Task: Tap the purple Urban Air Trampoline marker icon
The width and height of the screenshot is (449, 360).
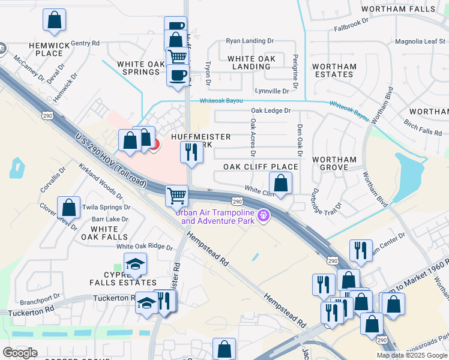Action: (262, 215)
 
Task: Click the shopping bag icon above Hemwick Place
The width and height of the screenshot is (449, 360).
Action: (54, 20)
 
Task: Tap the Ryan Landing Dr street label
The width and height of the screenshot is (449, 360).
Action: (249, 41)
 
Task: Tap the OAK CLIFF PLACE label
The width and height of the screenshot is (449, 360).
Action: (261, 167)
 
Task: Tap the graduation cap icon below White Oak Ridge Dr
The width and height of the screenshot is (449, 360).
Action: (135, 263)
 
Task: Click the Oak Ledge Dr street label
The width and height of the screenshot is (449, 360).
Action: (270, 110)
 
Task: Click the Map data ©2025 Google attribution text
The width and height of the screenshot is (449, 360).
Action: (412, 355)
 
